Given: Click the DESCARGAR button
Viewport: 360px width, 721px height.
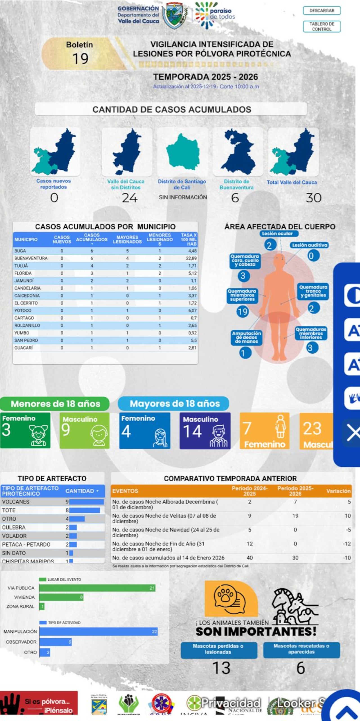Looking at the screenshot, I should coord(322,11).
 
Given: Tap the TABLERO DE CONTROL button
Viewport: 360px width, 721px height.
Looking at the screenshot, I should coord(322,26).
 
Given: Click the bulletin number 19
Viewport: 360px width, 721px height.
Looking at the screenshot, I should coord(80,59).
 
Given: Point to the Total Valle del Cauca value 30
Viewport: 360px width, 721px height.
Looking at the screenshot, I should coord(313,198).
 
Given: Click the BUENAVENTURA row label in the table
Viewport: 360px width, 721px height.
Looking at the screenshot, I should coord(31,258).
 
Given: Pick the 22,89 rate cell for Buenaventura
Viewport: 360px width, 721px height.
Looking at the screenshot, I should coord(191,258).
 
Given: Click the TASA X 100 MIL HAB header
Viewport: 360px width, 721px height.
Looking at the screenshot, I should coord(189,239).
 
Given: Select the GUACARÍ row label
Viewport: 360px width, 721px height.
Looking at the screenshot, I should coord(24,348).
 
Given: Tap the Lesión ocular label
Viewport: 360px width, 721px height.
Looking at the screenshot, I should coord(277,233).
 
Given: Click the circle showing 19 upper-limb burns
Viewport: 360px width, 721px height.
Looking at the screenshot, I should coord(242,312).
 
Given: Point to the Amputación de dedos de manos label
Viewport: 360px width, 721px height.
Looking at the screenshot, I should coord(246,337).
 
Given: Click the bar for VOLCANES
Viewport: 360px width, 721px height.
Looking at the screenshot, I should coord(86,502).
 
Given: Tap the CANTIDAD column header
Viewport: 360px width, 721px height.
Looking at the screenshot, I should coord(82,491).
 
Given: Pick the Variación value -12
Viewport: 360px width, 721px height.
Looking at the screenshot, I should coord(347,544).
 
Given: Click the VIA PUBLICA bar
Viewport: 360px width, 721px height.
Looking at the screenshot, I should coord(97,588).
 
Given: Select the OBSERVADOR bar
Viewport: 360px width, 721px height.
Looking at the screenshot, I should coord(55,642).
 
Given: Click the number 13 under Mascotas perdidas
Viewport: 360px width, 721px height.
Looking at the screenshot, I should coord(221,668).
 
